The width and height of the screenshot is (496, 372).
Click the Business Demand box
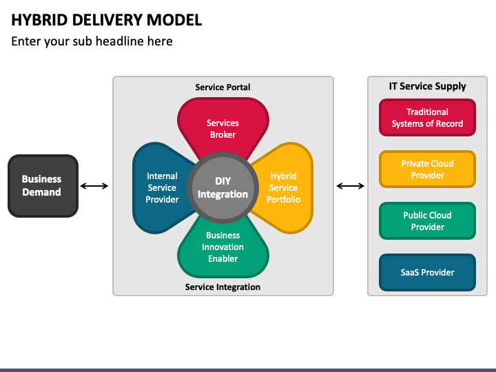(43, 186)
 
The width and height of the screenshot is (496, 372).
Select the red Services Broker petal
(223, 127)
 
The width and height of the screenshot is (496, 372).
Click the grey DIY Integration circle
(223, 187)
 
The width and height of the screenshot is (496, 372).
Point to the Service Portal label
(223, 87)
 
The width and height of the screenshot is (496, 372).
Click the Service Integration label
(223, 287)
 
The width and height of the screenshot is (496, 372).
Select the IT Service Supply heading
(427, 86)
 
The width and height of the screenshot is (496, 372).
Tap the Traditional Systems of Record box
(427, 118)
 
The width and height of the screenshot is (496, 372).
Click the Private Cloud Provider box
(427, 169)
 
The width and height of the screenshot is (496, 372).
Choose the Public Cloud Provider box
(427, 221)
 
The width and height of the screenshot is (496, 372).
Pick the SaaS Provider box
(427, 272)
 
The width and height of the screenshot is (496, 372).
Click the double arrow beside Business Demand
(94, 186)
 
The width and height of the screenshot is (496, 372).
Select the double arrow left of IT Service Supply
(351, 186)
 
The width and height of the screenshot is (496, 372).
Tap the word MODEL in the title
(174, 20)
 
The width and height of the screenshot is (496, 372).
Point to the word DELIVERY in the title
(107, 20)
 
